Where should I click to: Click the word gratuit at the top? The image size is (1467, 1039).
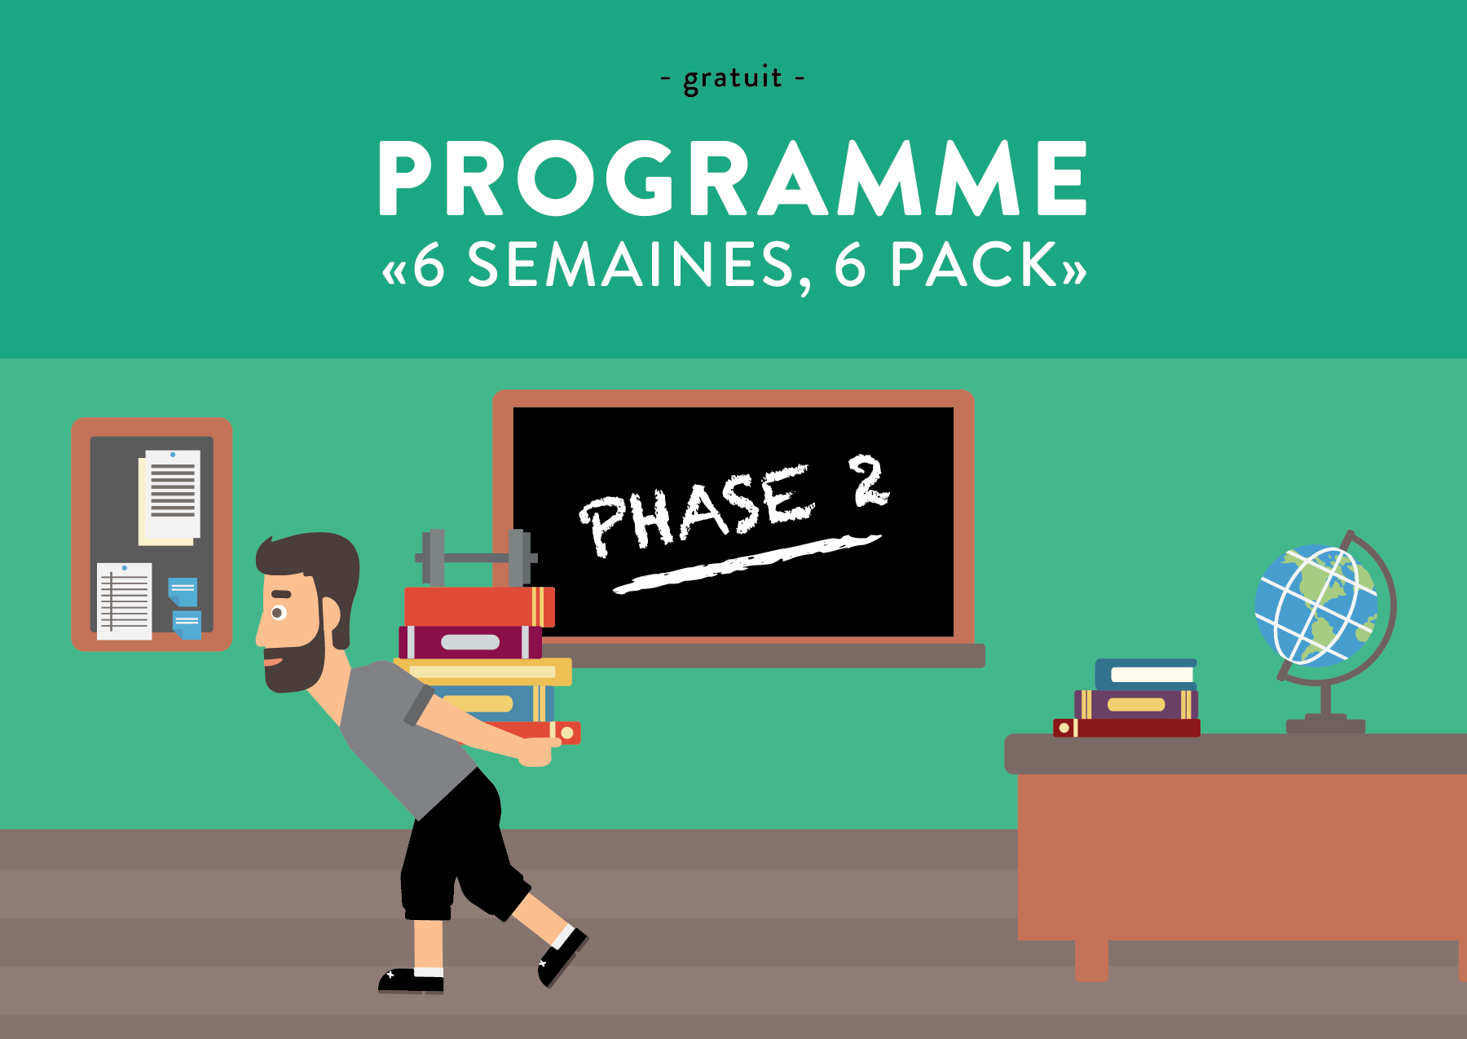tap(732, 79)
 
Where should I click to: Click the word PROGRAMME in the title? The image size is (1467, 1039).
tap(732, 178)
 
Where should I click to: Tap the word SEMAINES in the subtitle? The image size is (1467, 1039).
tap(630, 265)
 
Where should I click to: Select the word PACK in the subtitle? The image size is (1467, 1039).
tap(974, 265)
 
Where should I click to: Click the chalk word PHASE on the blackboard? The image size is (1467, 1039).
tap(697, 512)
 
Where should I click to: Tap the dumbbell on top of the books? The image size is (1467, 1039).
tap(477, 557)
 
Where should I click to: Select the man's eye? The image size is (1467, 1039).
tap(279, 613)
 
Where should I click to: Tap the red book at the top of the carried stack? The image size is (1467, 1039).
tap(478, 606)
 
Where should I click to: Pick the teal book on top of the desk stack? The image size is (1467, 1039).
tap(1145, 673)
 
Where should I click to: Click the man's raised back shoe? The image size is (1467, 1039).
tap(562, 955)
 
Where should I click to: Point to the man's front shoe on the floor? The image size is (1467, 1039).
tap(412, 980)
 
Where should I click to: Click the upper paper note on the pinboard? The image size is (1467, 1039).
tap(170, 495)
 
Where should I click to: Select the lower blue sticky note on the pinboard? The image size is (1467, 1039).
tap(187, 625)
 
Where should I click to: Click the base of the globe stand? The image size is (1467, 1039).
tap(1325, 724)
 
